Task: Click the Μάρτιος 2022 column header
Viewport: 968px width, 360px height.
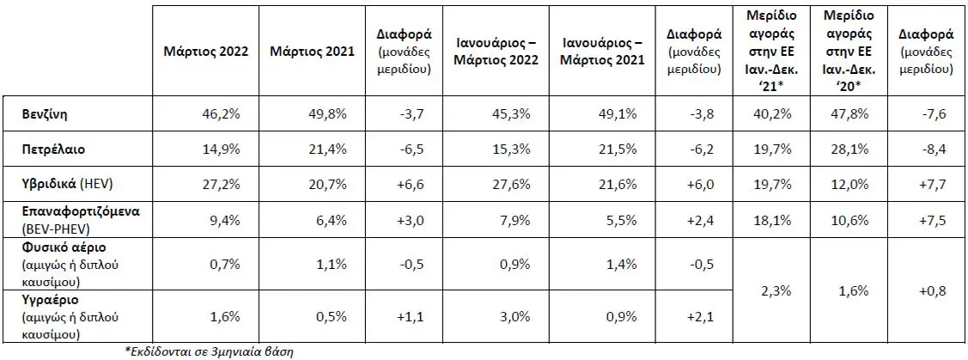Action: [205, 52]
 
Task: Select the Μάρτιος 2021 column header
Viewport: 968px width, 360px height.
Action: [313, 52]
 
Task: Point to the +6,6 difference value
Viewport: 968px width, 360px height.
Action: [410, 185]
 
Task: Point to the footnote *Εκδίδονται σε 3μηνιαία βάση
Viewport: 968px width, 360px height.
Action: [210, 351]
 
